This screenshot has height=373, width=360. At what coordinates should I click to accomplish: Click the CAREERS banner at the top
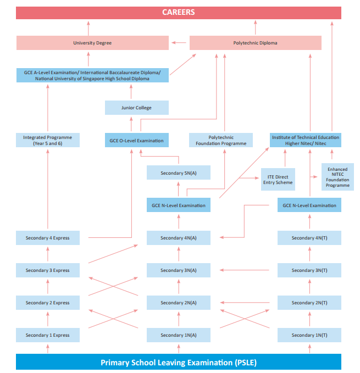pyautogui.click(x=178, y=13)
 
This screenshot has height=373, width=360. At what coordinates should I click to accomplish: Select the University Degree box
pyautogui.click(x=92, y=43)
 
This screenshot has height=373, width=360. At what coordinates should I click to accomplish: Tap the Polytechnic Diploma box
pyautogui.click(x=255, y=43)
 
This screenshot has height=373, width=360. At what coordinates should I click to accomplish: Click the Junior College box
pyautogui.click(x=136, y=108)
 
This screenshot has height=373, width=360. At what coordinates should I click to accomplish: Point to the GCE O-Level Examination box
pyautogui.click(x=136, y=141)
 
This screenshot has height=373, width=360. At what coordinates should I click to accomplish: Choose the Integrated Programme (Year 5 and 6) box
pyautogui.click(x=47, y=140)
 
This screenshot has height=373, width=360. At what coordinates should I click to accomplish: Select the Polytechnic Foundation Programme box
pyautogui.click(x=221, y=140)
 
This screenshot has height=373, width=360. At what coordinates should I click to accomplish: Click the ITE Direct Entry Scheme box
pyautogui.click(x=278, y=179)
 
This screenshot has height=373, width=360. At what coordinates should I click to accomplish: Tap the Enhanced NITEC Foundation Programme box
pyautogui.click(x=337, y=177)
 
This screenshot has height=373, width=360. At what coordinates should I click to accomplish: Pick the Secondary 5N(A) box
pyautogui.click(x=178, y=173)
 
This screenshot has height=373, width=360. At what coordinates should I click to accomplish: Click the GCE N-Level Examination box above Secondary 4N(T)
pyautogui.click(x=309, y=205)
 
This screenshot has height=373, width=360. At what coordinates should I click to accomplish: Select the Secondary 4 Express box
pyautogui.click(x=47, y=238)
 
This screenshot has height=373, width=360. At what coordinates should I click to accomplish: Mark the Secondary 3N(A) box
pyautogui.click(x=178, y=270)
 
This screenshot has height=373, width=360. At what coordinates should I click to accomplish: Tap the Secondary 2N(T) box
pyautogui.click(x=309, y=303)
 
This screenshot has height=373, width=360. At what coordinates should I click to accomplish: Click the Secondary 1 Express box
pyautogui.click(x=47, y=335)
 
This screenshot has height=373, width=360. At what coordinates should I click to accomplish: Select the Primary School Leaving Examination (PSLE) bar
pyautogui.click(x=178, y=363)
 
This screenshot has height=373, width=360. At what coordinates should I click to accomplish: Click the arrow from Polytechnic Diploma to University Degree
pyautogui.click(x=179, y=42)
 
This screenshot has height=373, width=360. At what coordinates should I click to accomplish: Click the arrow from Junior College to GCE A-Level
pyautogui.click(x=131, y=92)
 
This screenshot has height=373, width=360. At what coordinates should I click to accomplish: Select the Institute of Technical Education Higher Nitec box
pyautogui.click(x=305, y=140)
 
